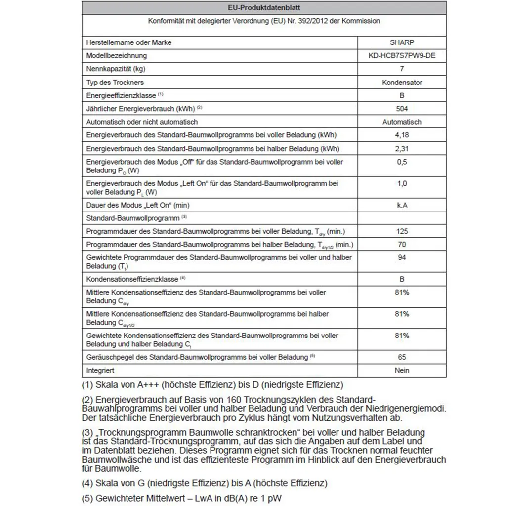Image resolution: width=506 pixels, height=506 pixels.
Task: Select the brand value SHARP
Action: pos(402,42)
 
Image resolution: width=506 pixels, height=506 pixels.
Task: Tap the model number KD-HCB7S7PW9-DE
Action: pos(402,56)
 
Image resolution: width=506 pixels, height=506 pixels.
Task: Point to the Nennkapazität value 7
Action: pos(402,69)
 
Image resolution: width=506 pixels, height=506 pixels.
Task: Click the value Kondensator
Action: pos(402,83)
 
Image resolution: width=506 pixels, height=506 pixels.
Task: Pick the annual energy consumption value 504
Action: pos(402,109)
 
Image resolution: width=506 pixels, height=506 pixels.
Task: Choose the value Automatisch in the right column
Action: pos(402,122)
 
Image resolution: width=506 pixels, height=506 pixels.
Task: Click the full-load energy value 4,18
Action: pos(402,135)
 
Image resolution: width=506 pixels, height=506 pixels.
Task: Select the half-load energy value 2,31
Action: pos(402,148)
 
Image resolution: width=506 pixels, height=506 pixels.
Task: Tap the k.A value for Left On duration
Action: pos(402,205)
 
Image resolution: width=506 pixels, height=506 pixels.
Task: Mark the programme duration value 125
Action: pos(402,231)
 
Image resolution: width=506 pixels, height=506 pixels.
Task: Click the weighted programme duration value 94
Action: pos(402,257)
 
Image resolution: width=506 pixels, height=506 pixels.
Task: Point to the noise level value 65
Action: pos(402,357)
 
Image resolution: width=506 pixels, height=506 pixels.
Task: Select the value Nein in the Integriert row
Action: pos(402,370)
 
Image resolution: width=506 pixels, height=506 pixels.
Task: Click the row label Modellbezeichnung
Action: pos(116,56)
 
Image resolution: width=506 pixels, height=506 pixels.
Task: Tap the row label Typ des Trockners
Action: pos(115,83)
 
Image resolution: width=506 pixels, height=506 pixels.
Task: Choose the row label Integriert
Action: pos(100,370)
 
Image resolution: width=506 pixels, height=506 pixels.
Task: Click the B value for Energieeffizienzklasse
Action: pos(402,96)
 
